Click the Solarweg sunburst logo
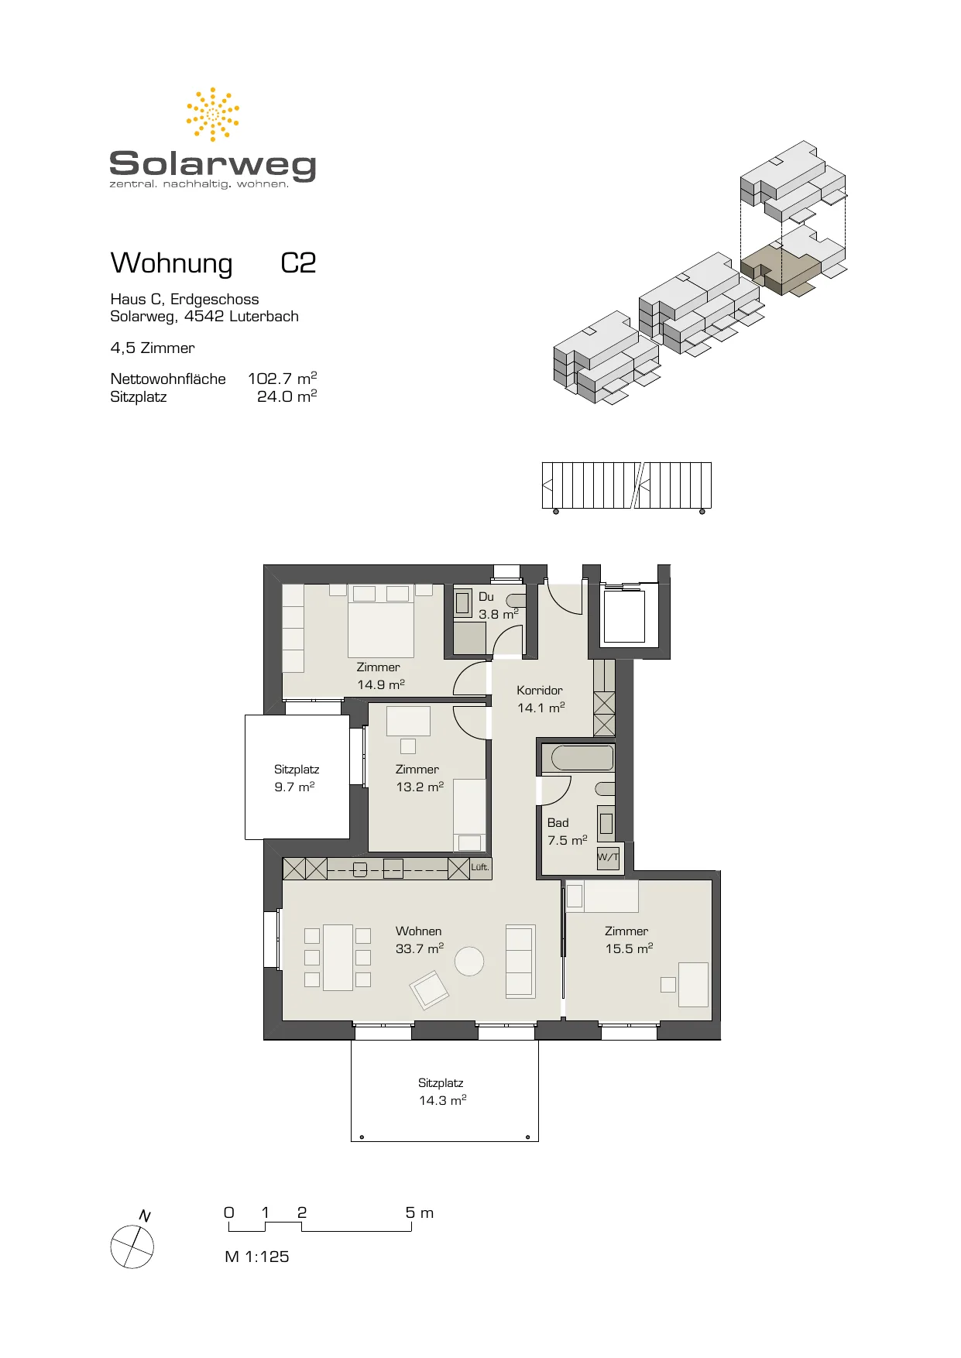coord(213,114)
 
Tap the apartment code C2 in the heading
coord(298,263)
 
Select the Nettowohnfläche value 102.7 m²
coord(282,378)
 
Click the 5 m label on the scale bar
coord(420,1212)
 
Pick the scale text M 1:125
coord(256,1257)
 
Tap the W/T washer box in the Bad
coord(608,857)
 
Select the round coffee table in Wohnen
coord(469,962)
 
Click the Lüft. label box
coord(480,867)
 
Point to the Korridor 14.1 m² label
coord(541,698)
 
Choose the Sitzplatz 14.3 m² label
coord(442,1092)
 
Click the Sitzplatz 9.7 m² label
coord(297,778)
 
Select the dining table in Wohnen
coord(338,958)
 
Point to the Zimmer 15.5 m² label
coord(629,940)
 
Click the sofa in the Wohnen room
coord(520,961)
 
